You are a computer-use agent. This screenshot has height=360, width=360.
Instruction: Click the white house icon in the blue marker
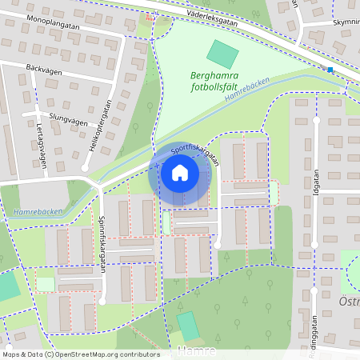click(x=180, y=172)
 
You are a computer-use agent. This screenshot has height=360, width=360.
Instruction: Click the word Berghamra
click(x=214, y=78)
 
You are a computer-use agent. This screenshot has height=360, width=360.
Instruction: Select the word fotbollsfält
click(x=211, y=90)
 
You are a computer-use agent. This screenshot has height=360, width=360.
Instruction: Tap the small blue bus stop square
click(x=330, y=70)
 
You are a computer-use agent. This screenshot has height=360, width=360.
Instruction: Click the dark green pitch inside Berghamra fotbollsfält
click(x=222, y=54)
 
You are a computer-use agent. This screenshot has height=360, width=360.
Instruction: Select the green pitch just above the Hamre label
click(x=188, y=326)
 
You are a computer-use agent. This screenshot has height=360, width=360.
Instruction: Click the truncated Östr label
click(x=350, y=301)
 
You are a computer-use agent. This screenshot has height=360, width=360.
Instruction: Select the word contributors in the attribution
click(x=139, y=354)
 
